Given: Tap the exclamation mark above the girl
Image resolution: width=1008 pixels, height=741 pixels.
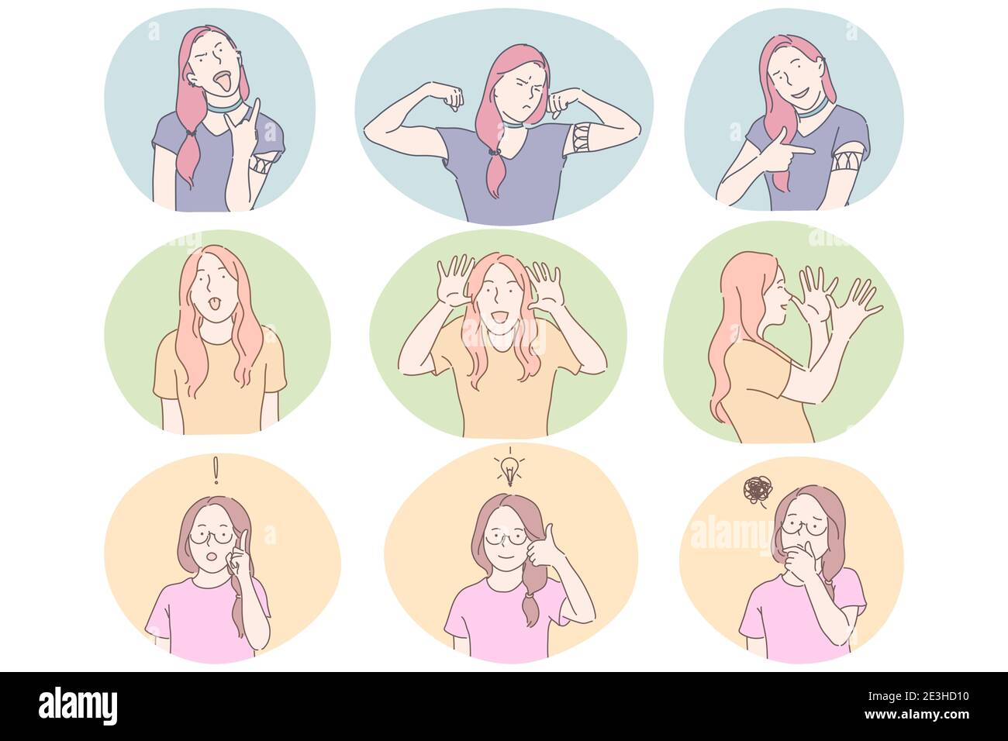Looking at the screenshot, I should click(x=216, y=470).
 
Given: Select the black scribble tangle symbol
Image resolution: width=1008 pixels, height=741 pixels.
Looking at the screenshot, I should click(x=755, y=490).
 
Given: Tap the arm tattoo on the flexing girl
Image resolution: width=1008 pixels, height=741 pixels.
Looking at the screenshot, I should click(x=582, y=140).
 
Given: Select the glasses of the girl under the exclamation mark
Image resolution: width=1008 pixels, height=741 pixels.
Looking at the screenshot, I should click(x=211, y=536).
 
